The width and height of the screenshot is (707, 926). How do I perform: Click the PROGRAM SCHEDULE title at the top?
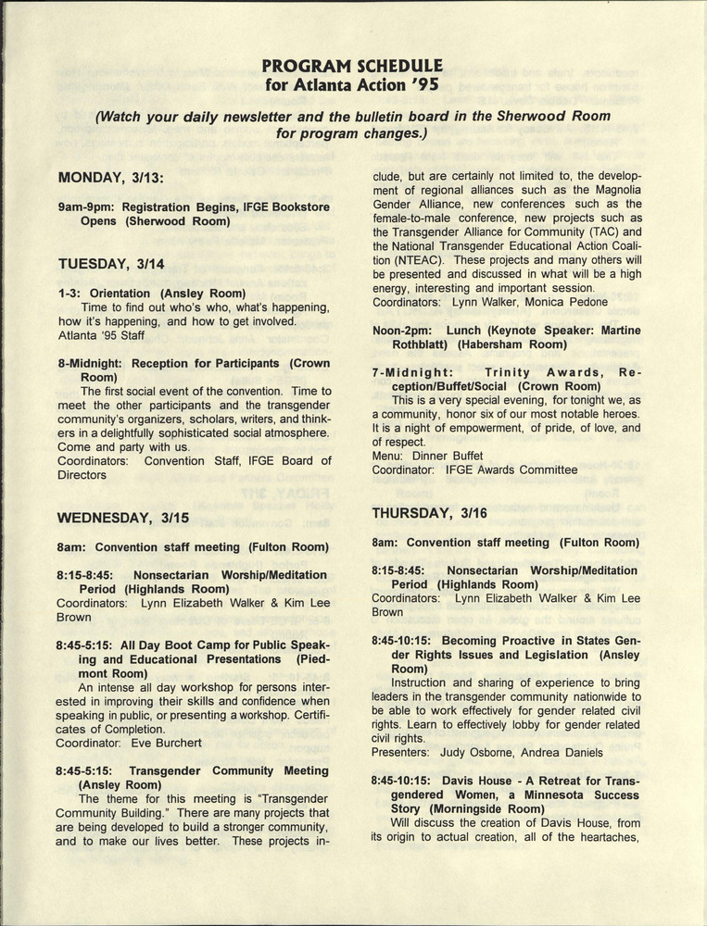(x=352, y=66)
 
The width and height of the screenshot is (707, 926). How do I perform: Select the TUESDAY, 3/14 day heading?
(x=111, y=264)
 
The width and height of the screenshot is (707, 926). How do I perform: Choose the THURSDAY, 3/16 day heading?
(x=429, y=512)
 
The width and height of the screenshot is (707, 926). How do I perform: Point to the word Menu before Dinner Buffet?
(x=388, y=456)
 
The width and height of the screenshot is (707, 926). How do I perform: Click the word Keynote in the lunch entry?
(x=515, y=331)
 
